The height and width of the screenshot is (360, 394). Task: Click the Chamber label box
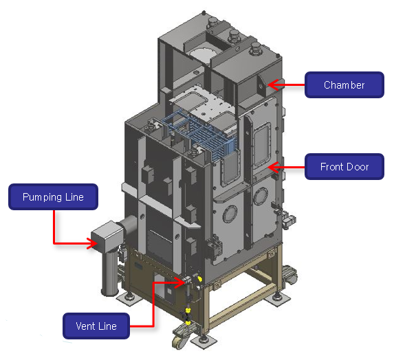coord(344,85)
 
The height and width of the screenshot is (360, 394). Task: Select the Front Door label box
coord(344,167)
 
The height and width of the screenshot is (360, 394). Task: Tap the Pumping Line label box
coord(53,196)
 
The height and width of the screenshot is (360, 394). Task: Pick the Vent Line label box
coord(96,326)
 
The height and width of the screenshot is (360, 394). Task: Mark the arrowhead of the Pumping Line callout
coord(93,243)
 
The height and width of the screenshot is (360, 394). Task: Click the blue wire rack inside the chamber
coord(201,133)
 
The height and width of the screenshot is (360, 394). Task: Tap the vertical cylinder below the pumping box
coord(109,272)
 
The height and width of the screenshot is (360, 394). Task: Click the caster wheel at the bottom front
coord(179,339)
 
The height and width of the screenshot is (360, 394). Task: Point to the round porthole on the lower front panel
coord(230,214)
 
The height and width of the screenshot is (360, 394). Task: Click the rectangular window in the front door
coord(263,145)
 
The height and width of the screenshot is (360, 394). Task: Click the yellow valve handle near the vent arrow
coord(200,279)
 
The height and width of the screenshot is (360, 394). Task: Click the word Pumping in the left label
coord(42,197)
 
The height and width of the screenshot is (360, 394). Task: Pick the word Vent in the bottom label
coord(85,326)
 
